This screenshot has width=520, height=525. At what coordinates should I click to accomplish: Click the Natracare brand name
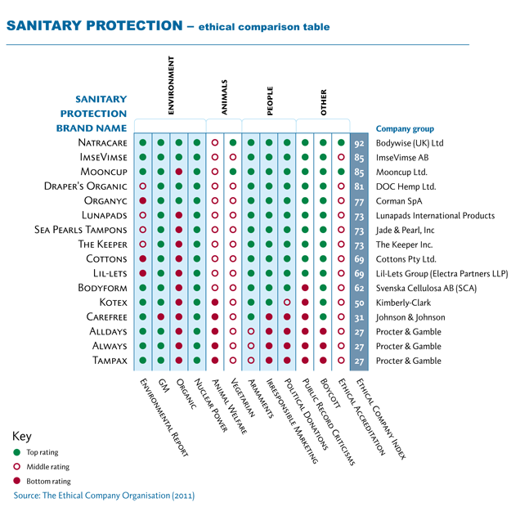click(102, 142)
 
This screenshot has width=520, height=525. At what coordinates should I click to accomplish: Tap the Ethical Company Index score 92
click(359, 144)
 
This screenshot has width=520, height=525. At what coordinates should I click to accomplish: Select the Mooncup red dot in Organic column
click(179, 172)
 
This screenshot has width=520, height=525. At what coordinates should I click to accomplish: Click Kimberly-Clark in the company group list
click(403, 303)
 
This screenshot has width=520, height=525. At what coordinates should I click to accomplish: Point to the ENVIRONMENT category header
click(171, 85)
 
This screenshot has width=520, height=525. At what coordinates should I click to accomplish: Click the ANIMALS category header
click(224, 97)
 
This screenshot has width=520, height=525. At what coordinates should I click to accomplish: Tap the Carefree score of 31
click(359, 317)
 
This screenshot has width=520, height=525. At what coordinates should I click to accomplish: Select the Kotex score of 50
click(359, 303)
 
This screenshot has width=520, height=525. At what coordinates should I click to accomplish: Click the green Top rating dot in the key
click(16, 452)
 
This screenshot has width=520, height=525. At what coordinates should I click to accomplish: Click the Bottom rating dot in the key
click(16, 481)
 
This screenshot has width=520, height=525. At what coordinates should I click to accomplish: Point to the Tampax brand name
click(110, 361)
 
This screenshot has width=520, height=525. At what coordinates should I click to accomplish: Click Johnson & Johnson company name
click(410, 317)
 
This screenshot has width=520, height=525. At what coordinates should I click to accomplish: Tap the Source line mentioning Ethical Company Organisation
click(104, 496)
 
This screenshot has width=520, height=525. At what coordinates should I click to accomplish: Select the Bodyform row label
click(102, 288)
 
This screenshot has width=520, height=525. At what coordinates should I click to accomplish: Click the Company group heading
click(405, 129)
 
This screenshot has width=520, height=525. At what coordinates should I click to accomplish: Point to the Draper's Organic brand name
click(86, 186)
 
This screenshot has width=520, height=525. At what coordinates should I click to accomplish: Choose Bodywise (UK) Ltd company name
click(410, 143)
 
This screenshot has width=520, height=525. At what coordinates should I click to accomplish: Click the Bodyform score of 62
click(359, 289)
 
